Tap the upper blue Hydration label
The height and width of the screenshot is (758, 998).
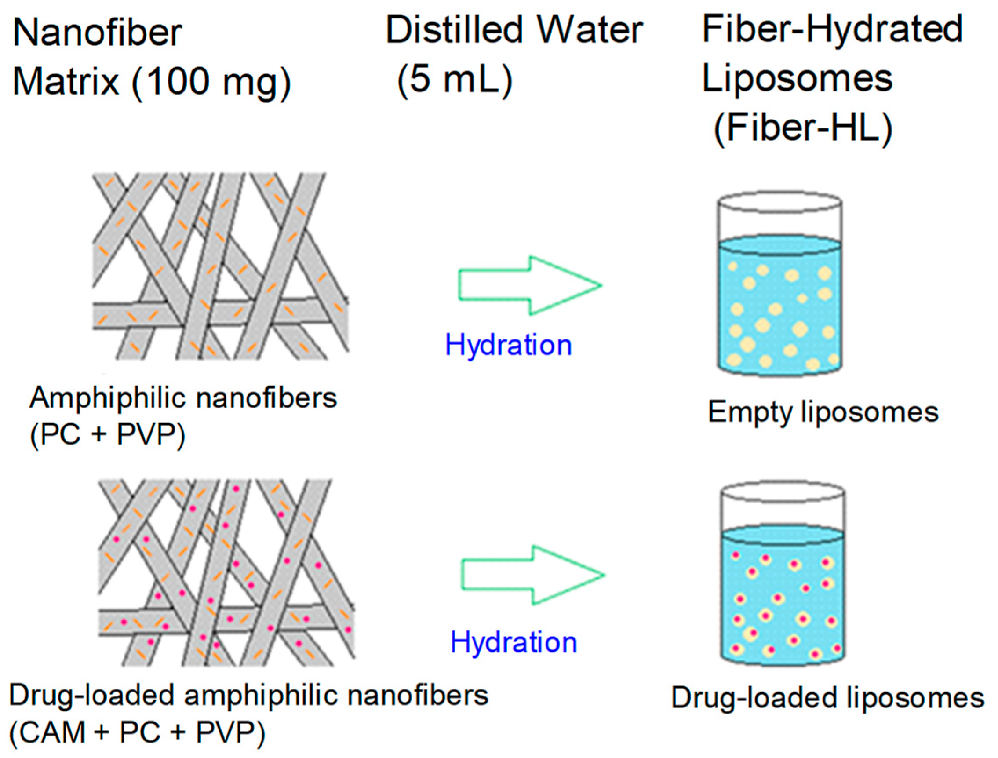pyautogui.click(x=509, y=345)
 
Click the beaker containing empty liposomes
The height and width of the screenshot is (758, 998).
pyautogui.click(x=779, y=307)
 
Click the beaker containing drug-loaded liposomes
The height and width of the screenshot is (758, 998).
pyautogui.click(x=782, y=596)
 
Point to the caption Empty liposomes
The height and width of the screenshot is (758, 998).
pyautogui.click(x=823, y=412)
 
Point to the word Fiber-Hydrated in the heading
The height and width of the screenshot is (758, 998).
pyautogui.click(x=832, y=29)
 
